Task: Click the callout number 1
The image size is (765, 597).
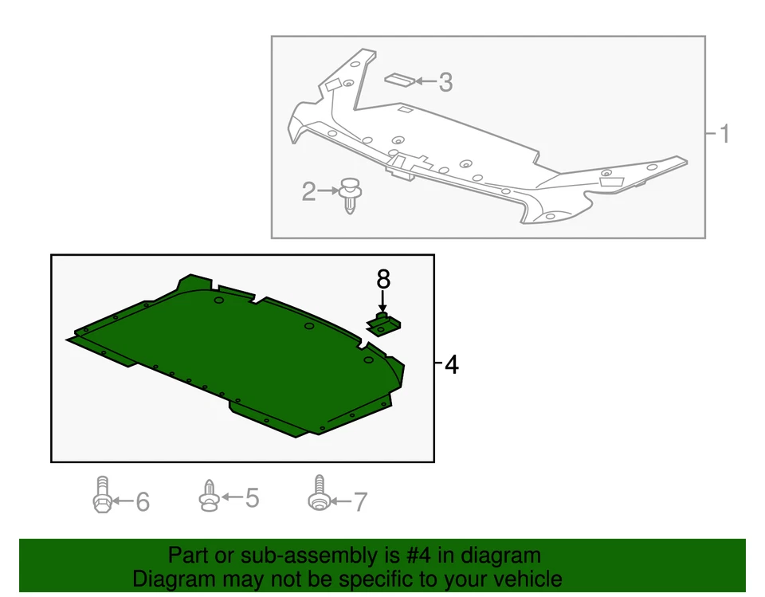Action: click(724, 134)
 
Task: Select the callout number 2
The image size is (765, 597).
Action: click(309, 191)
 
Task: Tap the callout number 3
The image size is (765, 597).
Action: click(445, 81)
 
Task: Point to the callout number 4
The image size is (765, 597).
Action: click(451, 365)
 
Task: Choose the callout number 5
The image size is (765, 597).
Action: click(252, 498)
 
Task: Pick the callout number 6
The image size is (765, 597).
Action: click(142, 501)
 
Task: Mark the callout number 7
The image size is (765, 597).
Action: click(360, 501)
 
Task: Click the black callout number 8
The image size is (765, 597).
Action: click(383, 279)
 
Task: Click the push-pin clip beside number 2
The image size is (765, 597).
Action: click(349, 196)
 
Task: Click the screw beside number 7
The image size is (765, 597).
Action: click(318, 493)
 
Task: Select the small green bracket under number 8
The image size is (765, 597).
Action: click(383, 324)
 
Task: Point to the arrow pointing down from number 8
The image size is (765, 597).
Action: click(383, 302)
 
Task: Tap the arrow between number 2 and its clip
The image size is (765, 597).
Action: click(328, 190)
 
